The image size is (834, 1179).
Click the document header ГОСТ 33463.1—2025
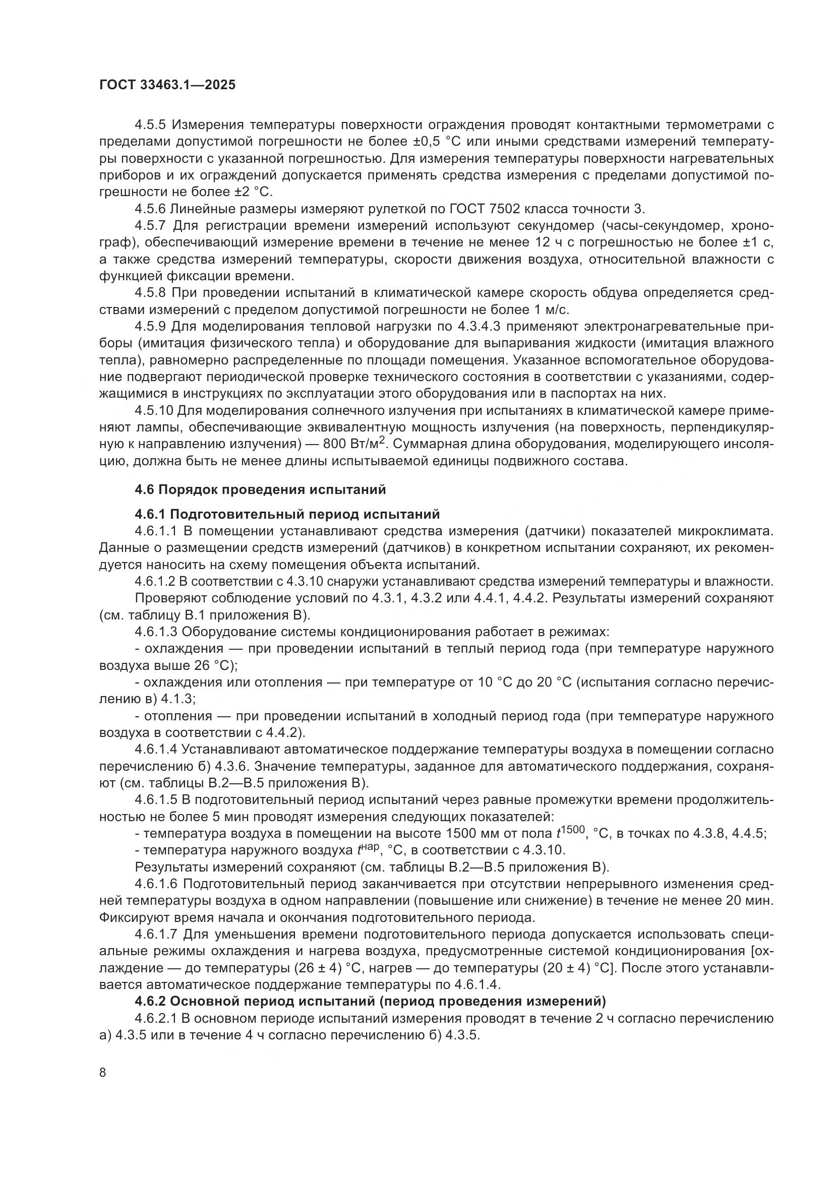(x=167, y=85)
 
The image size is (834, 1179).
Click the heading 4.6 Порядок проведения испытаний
(x=260, y=489)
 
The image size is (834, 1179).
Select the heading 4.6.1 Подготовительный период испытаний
(x=287, y=514)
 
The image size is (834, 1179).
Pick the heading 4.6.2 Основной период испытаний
(x=370, y=1001)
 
